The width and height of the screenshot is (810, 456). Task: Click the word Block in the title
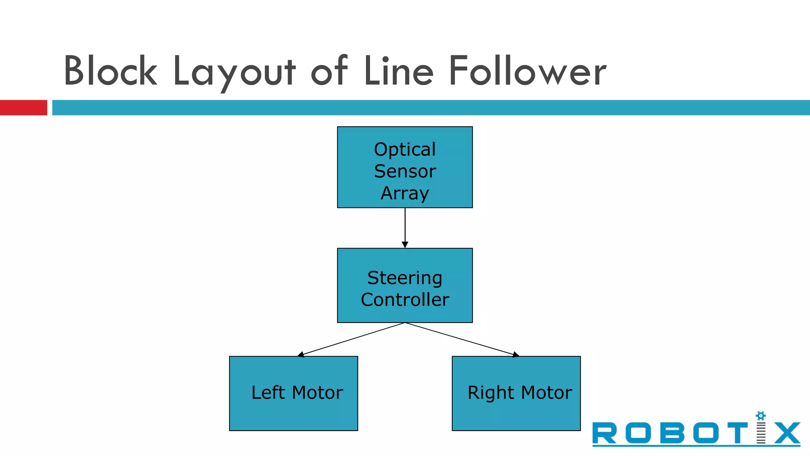[110, 71]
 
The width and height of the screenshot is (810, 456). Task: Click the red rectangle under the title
[23, 108]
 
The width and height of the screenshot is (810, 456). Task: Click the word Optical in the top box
[405, 150]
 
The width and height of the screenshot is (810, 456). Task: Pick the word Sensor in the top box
[405, 171]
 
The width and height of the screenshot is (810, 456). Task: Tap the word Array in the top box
[405, 194]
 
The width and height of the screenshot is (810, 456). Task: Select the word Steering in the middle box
[405, 278]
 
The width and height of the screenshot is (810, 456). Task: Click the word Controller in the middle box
[405, 300]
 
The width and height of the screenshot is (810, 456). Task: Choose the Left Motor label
[297, 393]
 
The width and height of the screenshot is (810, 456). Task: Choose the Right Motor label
[520, 393]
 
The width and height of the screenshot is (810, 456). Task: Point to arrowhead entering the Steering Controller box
[405, 245]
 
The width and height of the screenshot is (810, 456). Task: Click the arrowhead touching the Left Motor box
[301, 355]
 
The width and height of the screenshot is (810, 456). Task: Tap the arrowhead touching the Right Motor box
[516, 355]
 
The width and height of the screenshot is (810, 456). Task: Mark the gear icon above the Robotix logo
[761, 416]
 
